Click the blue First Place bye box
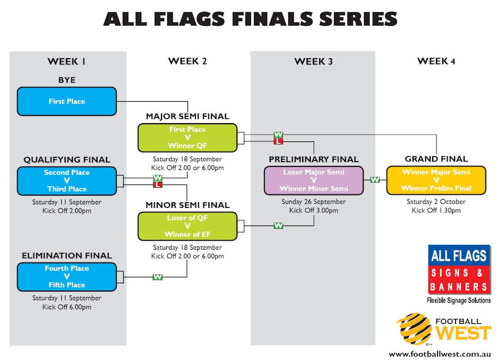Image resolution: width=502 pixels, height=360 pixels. pos(67,101)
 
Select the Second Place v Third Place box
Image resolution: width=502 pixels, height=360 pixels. pos(67,181)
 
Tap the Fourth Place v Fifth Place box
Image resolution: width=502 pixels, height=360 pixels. pos(67,277)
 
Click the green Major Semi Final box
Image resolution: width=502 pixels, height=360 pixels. pos(187,138)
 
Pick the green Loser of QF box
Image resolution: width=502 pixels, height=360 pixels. pos(187,226)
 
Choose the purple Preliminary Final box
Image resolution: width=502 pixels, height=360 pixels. pos(313,180)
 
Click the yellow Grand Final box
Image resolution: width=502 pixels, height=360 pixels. pos(436,180)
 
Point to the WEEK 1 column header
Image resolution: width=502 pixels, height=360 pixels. pos(67,61)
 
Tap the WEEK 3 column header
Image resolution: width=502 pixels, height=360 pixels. pos(313,61)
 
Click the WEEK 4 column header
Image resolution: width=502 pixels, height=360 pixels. pos(436,61)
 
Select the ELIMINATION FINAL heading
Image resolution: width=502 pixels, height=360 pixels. pos(67,255)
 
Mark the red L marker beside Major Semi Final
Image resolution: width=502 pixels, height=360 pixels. pos(278,141)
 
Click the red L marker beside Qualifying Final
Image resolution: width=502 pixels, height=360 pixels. pos(157,185)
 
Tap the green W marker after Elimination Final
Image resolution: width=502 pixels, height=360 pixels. pos(157,277)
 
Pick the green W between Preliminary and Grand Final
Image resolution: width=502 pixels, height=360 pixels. pos(375,180)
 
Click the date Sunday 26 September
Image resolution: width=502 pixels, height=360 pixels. pos(313,202)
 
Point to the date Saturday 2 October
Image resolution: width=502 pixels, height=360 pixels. pos(436,202)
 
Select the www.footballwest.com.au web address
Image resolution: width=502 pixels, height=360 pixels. pos(440,354)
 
